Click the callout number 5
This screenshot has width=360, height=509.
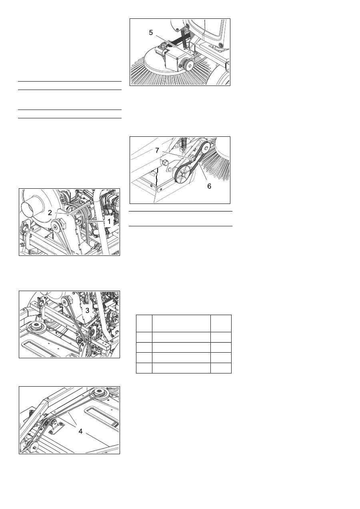pyautogui.click(x=151, y=33)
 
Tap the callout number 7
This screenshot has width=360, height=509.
pyautogui.click(x=157, y=150)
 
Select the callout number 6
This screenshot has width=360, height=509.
pyautogui.click(x=209, y=186)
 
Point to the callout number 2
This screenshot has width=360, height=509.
pyautogui.click(x=50, y=213)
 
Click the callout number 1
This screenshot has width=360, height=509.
pyautogui.click(x=109, y=221)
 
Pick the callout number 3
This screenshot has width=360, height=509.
pyautogui.click(x=88, y=310)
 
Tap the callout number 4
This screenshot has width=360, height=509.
pyautogui.click(x=80, y=431)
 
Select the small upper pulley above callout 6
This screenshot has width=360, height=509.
pyautogui.click(x=205, y=148)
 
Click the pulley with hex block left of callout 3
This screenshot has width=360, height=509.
pyautogui.click(x=66, y=301)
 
